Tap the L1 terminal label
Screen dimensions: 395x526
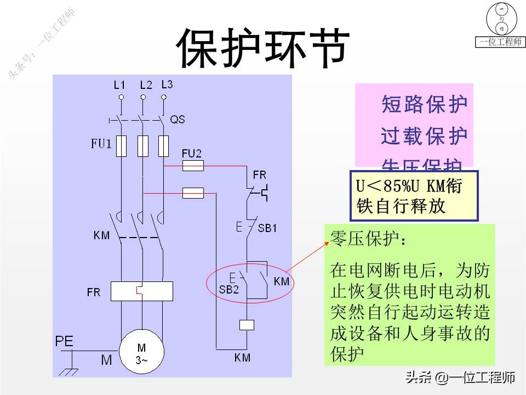point(119,85)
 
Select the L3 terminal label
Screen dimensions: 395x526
point(167,84)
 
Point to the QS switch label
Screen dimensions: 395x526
point(178,119)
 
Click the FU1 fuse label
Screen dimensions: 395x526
point(101,144)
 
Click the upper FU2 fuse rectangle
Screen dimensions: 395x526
point(192,165)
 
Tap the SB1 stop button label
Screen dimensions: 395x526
point(268,228)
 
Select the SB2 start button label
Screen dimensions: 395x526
point(229,289)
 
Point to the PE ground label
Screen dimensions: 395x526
point(64,341)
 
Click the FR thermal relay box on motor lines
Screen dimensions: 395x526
point(141,291)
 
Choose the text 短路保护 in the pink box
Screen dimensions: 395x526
point(424,104)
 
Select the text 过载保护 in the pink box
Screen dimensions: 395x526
point(424,136)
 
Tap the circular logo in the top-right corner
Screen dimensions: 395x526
point(500,19)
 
